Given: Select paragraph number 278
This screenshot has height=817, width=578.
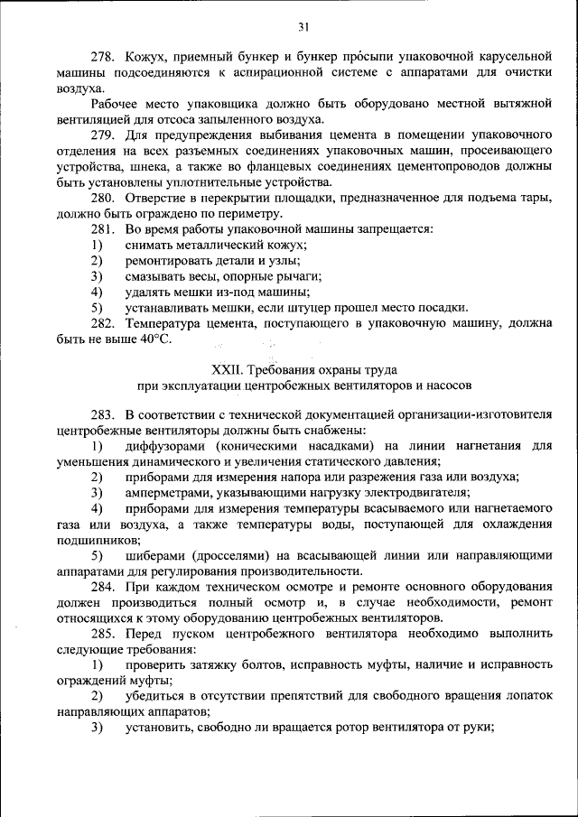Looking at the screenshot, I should click(104, 57).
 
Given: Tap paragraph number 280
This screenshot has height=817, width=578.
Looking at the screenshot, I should click(104, 199).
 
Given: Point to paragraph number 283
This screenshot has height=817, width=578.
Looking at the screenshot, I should click(104, 413).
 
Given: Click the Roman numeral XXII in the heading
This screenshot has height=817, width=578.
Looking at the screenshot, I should click(225, 369).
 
